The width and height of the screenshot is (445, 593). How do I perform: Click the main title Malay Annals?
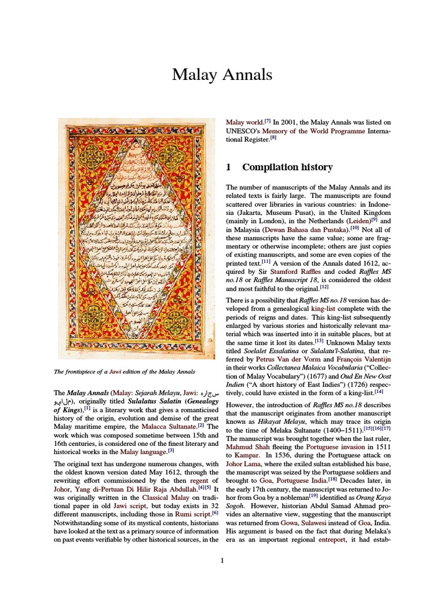pyautogui.click(x=222, y=75)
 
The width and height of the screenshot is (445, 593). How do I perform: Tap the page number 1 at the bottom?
pyautogui.click(x=222, y=560)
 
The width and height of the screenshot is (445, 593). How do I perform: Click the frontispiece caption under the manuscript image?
pyautogui.click(x=126, y=371)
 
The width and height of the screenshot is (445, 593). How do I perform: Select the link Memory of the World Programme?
pyautogui.click(x=313, y=131)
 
